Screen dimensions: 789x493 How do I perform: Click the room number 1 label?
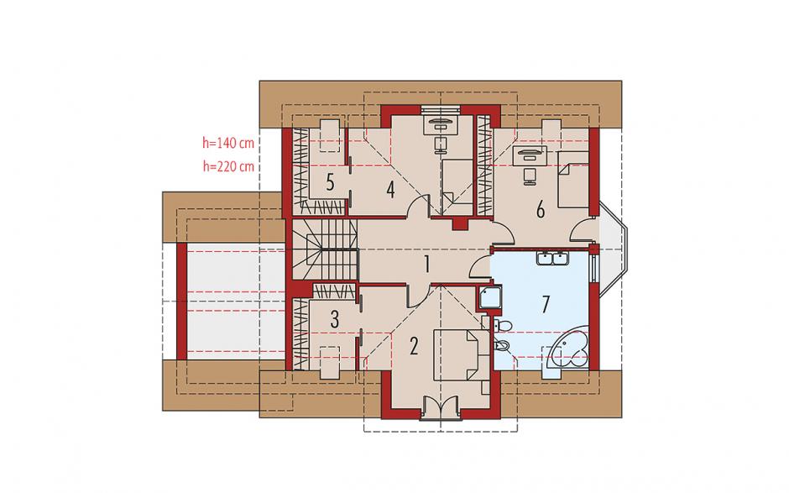[426, 265]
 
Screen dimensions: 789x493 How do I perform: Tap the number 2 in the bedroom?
[414, 346]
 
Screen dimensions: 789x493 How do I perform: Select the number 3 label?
[335, 320]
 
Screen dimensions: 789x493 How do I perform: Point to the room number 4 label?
[390, 190]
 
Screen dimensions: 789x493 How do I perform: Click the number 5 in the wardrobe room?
[330, 182]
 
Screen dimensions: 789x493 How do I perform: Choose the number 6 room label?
[541, 209]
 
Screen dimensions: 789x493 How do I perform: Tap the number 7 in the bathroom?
[546, 304]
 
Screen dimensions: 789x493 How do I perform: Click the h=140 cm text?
[228, 143]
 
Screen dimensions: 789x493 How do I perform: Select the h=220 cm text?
[228, 166]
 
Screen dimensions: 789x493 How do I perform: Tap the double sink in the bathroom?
[552, 259]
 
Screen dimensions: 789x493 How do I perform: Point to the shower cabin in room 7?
[489, 297]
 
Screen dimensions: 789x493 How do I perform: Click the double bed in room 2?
[461, 354]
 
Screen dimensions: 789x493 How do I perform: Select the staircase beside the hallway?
[324, 249]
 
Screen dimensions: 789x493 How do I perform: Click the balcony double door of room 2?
[440, 407]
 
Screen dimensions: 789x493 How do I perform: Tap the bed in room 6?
[573, 179]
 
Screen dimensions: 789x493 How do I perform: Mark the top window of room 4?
[440, 110]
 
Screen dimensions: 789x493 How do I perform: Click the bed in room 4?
[457, 187]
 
